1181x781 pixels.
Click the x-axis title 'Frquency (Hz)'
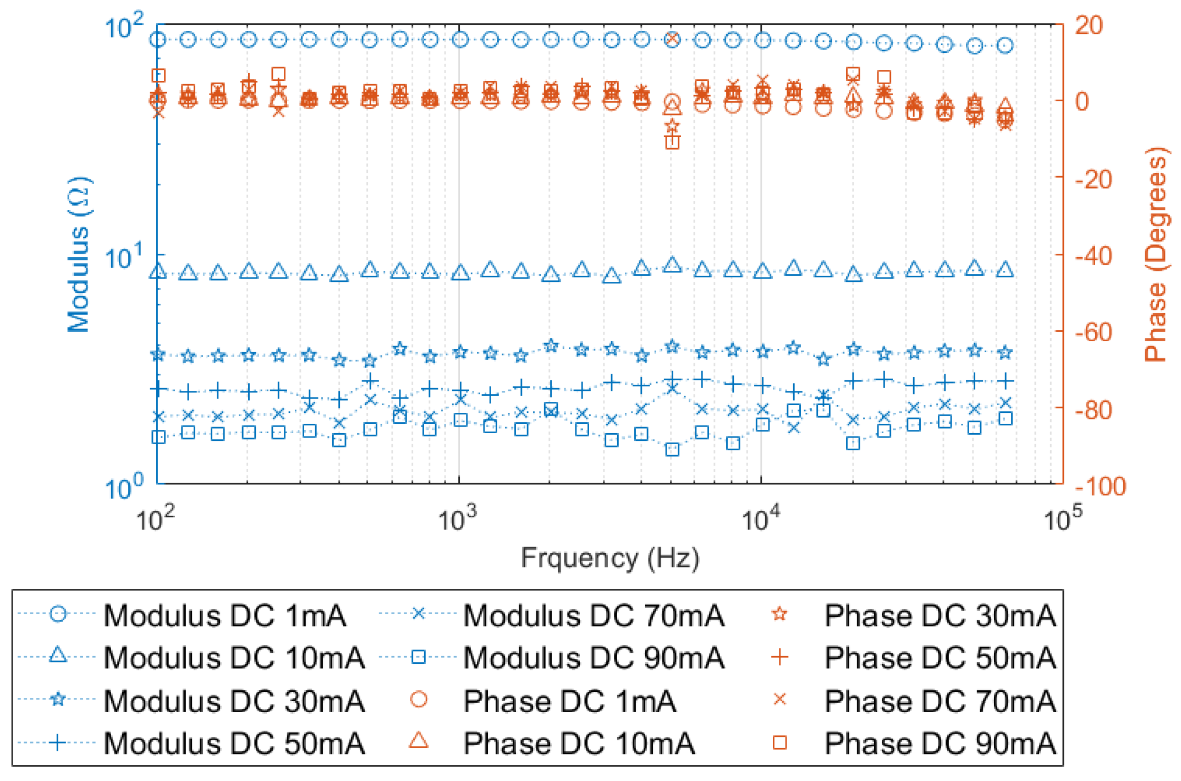click(609, 558)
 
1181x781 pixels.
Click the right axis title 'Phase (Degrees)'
click(1155, 254)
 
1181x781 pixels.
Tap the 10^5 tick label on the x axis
click(1062, 520)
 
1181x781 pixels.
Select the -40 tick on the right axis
click(1092, 256)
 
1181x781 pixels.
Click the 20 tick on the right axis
click(1088, 25)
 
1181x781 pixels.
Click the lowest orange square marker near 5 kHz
click(672, 143)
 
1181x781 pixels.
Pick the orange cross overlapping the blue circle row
click(672, 39)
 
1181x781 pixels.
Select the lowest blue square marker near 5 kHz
click(672, 450)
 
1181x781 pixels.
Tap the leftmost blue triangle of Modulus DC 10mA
click(158, 271)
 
